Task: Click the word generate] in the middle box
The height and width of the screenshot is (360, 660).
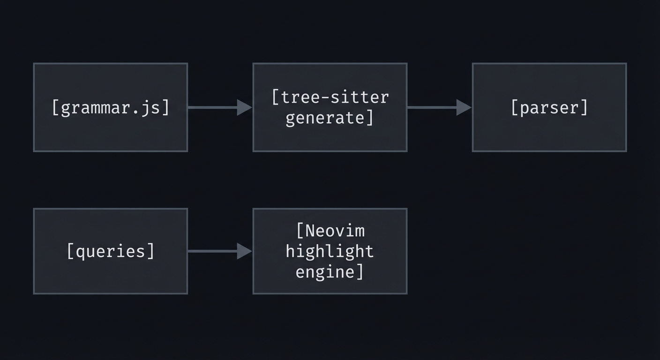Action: (330, 118)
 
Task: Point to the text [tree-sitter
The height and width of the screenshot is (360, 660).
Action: (330, 97)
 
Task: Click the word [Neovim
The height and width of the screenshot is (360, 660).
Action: (330, 231)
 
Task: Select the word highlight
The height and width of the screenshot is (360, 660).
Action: (330, 251)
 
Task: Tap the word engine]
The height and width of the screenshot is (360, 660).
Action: (330, 272)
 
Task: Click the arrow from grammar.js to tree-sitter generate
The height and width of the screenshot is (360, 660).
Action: (213, 107)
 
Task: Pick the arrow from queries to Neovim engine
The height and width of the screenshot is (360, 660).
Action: (213, 251)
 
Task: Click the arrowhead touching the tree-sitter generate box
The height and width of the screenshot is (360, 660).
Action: (244, 107)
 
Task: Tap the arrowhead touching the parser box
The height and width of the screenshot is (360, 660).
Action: (464, 107)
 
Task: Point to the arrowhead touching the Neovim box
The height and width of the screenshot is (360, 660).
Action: (244, 251)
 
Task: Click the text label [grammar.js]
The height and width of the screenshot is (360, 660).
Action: (111, 108)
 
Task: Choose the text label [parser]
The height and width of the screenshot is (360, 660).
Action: (549, 108)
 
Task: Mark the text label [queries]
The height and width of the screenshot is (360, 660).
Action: (111, 251)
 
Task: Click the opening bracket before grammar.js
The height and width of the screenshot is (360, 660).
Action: (55, 108)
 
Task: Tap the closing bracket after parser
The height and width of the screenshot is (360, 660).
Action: (585, 108)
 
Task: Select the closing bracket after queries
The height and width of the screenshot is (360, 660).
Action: (151, 251)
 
